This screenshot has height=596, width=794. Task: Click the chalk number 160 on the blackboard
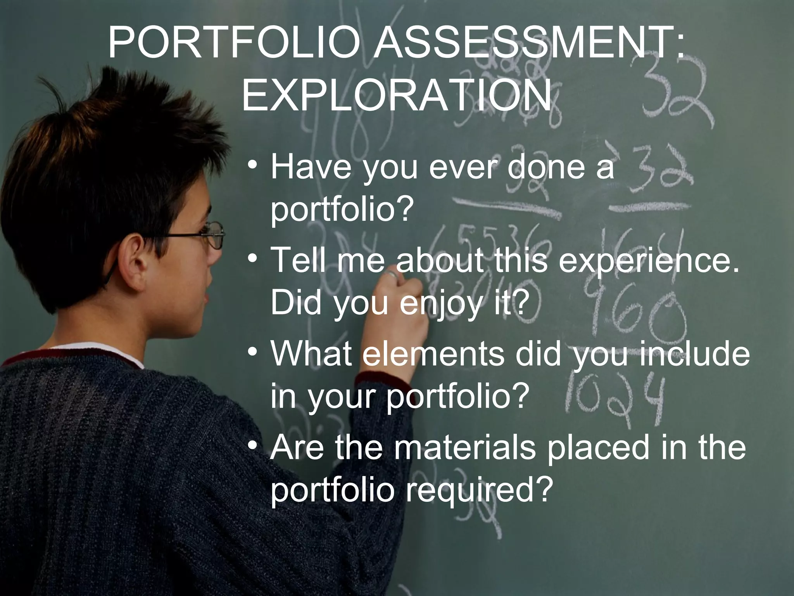(630, 310)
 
